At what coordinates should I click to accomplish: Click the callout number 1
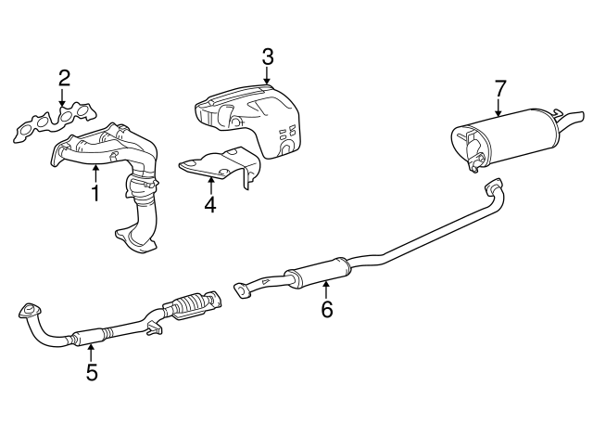coord(95,192)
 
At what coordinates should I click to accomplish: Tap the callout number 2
coord(64,78)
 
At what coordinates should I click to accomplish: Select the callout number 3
coord(268,57)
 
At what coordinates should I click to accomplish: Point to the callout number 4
coord(210,204)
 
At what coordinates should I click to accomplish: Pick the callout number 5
coord(92,372)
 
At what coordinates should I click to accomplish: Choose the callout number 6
coord(327,309)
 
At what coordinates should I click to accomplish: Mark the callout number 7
coord(499,88)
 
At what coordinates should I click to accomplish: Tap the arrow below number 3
coord(267,74)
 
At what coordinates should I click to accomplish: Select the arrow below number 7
coord(498,107)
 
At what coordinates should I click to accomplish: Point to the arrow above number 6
coord(326,289)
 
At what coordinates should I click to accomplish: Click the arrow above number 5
coord(91,353)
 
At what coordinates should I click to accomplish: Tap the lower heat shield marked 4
coord(221,167)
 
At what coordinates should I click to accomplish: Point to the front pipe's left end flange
coord(30,311)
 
